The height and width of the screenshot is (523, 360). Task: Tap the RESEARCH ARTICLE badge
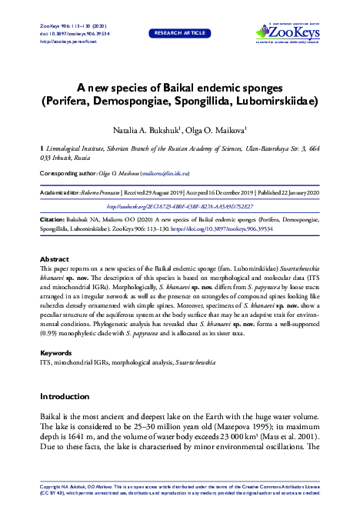tap(180, 33)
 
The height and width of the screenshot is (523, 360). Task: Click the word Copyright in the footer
tap(51, 488)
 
